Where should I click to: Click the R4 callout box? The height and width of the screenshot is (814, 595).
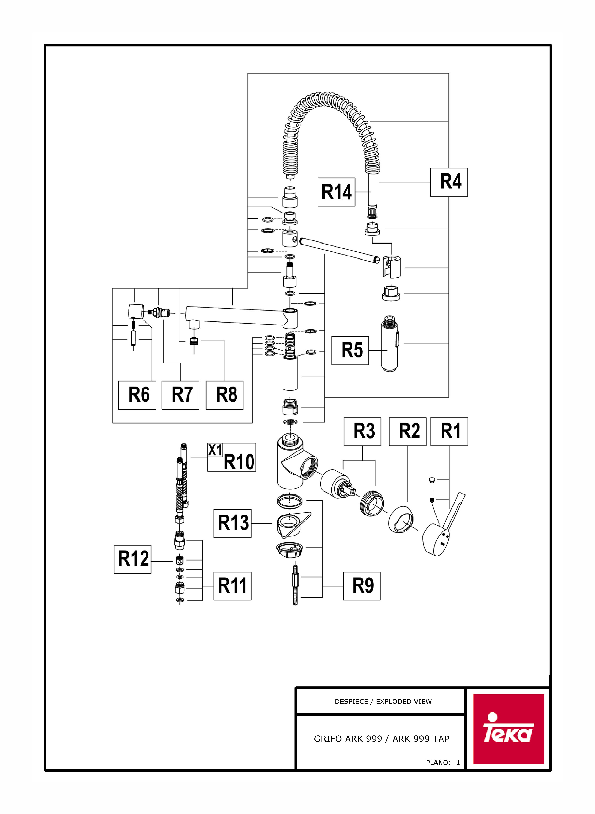tap(449, 182)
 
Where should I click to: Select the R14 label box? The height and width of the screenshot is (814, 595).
tap(336, 192)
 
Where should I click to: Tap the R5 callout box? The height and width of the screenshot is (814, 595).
tap(350, 351)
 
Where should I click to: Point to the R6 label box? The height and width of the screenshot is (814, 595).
tap(137, 395)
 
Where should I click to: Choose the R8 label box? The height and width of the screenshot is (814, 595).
tap(224, 395)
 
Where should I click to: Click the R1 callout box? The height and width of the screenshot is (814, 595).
tap(449, 432)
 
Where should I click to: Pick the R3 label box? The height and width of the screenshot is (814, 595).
tap(362, 432)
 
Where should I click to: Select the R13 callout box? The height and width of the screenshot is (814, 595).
tap(232, 523)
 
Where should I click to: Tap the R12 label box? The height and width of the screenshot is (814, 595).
tap(132, 559)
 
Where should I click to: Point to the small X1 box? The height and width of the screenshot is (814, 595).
tap(215, 450)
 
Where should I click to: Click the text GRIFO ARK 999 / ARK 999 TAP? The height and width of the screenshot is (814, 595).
tap(382, 738)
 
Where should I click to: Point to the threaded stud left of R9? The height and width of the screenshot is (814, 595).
tap(295, 585)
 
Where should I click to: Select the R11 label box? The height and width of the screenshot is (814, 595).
tap(232, 586)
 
